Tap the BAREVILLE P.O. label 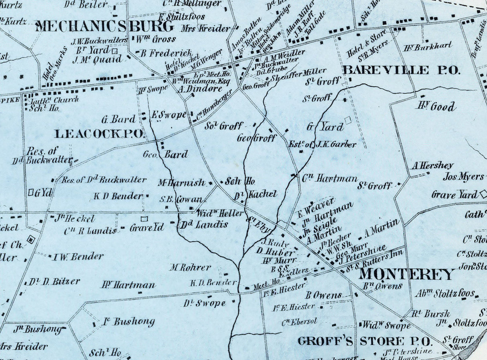401,70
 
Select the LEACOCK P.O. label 99,134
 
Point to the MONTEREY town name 406,274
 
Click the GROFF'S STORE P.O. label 365,342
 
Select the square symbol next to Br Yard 115,51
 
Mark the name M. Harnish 181,183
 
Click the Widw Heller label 220,212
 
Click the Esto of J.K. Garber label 323,144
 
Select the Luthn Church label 55,100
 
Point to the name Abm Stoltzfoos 445,293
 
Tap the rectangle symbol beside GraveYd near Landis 144,219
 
